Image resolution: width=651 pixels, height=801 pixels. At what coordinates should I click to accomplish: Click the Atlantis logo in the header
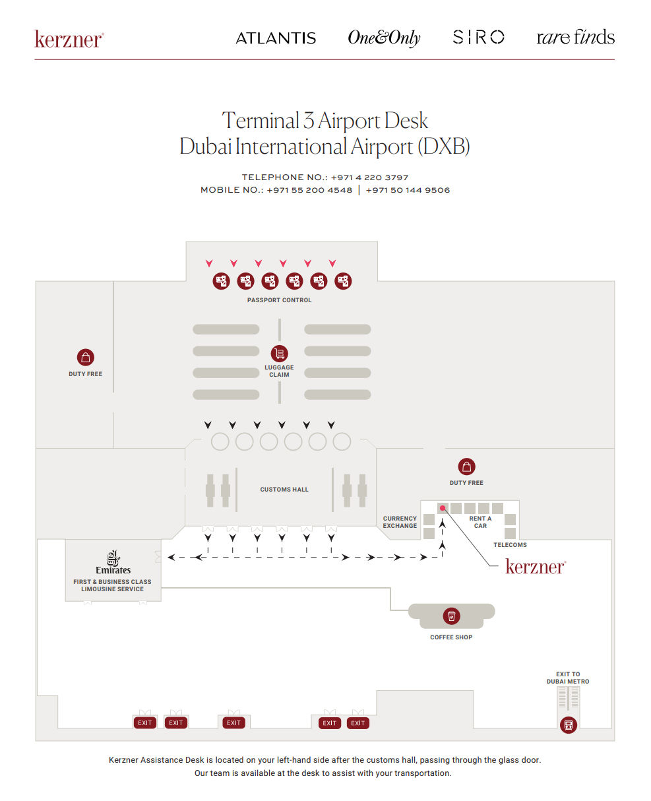pos(276,38)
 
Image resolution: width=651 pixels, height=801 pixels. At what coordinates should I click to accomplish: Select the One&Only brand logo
pos(384,38)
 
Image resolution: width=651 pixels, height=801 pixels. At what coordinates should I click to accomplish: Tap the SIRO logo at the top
pos(479,37)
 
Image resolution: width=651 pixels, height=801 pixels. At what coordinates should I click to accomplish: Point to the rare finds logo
pos(575,37)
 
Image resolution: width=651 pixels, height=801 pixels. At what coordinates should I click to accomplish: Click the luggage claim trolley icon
pos(279,354)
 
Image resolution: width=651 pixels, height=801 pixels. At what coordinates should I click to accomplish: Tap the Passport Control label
pos(279,300)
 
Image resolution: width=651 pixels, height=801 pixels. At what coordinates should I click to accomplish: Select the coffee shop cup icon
pos(451,616)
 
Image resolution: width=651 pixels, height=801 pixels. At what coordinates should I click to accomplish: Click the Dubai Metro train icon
pos(568,725)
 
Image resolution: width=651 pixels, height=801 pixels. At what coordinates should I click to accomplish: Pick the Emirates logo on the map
pos(113,562)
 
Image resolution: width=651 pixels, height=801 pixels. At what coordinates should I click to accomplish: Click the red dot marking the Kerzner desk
pos(443,508)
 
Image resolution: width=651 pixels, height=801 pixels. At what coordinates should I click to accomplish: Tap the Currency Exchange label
pos(400,522)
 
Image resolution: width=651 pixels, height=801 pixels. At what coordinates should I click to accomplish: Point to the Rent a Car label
pos(480,522)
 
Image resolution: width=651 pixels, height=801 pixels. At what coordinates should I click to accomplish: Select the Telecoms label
pos(510,545)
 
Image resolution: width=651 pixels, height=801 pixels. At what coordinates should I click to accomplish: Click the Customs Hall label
pos(284,490)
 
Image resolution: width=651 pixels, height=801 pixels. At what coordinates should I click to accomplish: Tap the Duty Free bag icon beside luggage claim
pos(85,358)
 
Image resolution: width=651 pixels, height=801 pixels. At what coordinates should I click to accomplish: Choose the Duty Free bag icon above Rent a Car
pos(466,466)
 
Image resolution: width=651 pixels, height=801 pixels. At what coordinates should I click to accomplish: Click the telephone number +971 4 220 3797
pos(369,177)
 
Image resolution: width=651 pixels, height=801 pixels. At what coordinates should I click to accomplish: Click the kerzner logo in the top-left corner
pos(69,39)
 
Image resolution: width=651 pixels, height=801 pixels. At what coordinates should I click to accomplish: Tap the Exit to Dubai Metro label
pos(568,678)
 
